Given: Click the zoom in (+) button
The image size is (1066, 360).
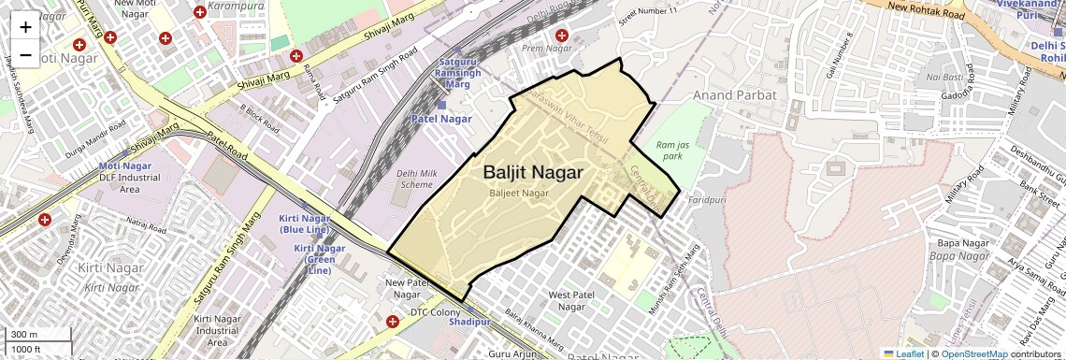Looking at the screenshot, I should (25, 27).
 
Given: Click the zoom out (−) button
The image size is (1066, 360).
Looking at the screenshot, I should (25, 55).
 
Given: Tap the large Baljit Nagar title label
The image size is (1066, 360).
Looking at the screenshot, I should (533, 173).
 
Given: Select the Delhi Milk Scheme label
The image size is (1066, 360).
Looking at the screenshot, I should (416, 179).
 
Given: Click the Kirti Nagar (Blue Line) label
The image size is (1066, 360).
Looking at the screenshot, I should (304, 224).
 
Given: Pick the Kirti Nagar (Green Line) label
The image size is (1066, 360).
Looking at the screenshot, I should (319, 259).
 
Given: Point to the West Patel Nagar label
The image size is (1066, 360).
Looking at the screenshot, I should (570, 301).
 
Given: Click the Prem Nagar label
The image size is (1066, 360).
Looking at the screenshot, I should (546, 48).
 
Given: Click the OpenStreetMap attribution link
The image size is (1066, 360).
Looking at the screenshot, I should (973, 353).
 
